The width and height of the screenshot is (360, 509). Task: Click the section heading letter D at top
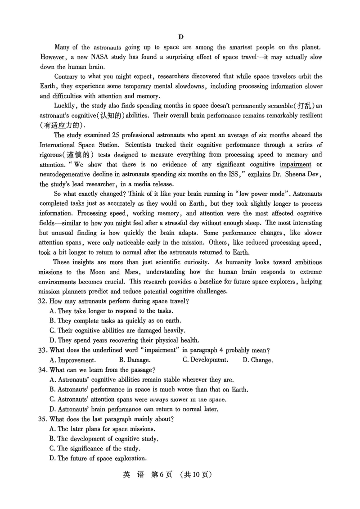180,36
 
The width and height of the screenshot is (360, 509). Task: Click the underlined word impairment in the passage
295,164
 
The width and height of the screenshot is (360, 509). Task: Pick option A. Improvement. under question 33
72,360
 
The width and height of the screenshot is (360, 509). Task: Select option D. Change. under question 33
258,360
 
